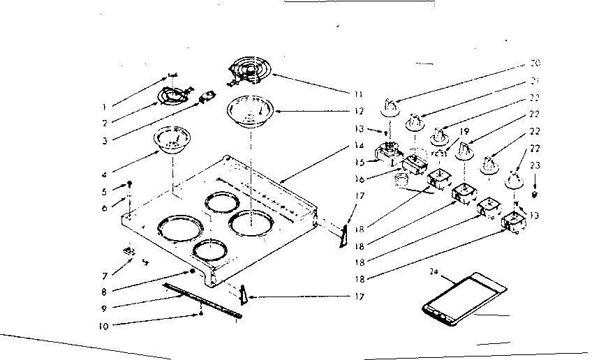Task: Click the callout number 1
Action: coord(103,107)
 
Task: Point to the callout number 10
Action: coord(103,324)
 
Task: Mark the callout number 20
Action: coord(536,64)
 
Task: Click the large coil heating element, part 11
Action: coord(251,72)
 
